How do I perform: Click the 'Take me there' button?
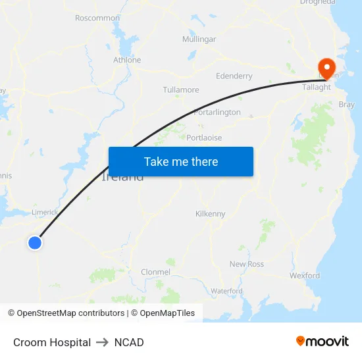coord(181,161)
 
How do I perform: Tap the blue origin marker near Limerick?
coord(35,243)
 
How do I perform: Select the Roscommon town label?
coord(97,18)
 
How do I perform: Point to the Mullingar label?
coord(199,39)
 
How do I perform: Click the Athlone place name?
coord(127,60)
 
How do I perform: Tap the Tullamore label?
coord(181,90)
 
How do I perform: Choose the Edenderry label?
coord(234,76)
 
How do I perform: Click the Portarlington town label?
coord(218,113)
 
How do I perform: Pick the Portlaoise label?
coord(204,138)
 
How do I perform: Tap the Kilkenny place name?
coord(211,214)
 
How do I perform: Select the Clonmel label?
coord(156,272)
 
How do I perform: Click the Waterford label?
coord(226,291)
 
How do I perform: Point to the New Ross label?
coord(247,264)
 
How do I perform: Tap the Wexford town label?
coord(305,276)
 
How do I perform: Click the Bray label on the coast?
coord(346,105)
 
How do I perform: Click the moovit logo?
coord(323,342)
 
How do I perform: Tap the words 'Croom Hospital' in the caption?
coord(52,342)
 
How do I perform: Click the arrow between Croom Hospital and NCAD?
coord(102,342)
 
